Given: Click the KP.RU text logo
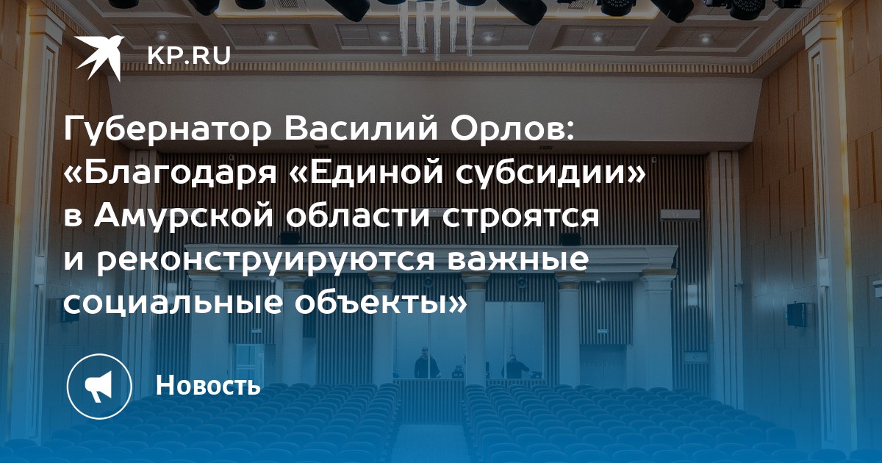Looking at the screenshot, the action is [x=189, y=55].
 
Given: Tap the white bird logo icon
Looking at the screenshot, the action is [x=100, y=57].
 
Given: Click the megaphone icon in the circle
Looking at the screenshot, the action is [x=98, y=387].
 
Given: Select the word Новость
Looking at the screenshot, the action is [x=208, y=385].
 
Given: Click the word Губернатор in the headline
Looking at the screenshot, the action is [x=168, y=130].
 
